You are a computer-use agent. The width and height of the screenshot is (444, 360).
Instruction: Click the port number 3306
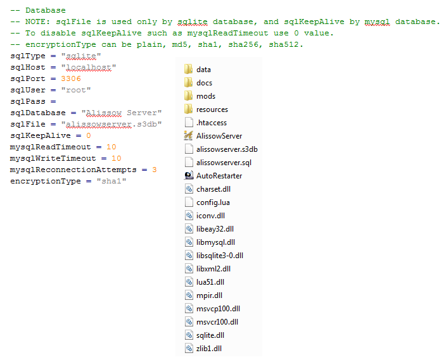point(71,78)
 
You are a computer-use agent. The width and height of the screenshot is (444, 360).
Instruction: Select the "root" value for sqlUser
point(76,90)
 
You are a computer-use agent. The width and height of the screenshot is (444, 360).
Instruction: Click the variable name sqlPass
point(28,101)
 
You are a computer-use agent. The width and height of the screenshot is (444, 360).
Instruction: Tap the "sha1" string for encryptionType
point(111,181)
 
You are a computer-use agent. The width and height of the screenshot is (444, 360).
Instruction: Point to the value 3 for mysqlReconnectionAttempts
point(155,170)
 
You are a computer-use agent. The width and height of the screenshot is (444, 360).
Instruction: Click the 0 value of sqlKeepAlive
point(88,135)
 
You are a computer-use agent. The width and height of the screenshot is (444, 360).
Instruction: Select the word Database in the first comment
point(46,11)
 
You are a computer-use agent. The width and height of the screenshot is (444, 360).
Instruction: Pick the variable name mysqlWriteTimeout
point(53,158)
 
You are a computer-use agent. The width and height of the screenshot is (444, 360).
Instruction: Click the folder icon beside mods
point(189,96)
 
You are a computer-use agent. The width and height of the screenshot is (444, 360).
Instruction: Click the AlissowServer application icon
point(189,136)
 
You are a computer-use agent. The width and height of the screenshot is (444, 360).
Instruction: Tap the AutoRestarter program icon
point(189,176)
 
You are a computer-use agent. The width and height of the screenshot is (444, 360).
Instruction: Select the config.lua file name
point(213,202)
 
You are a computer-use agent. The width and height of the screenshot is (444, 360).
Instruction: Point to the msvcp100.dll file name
point(218,309)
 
